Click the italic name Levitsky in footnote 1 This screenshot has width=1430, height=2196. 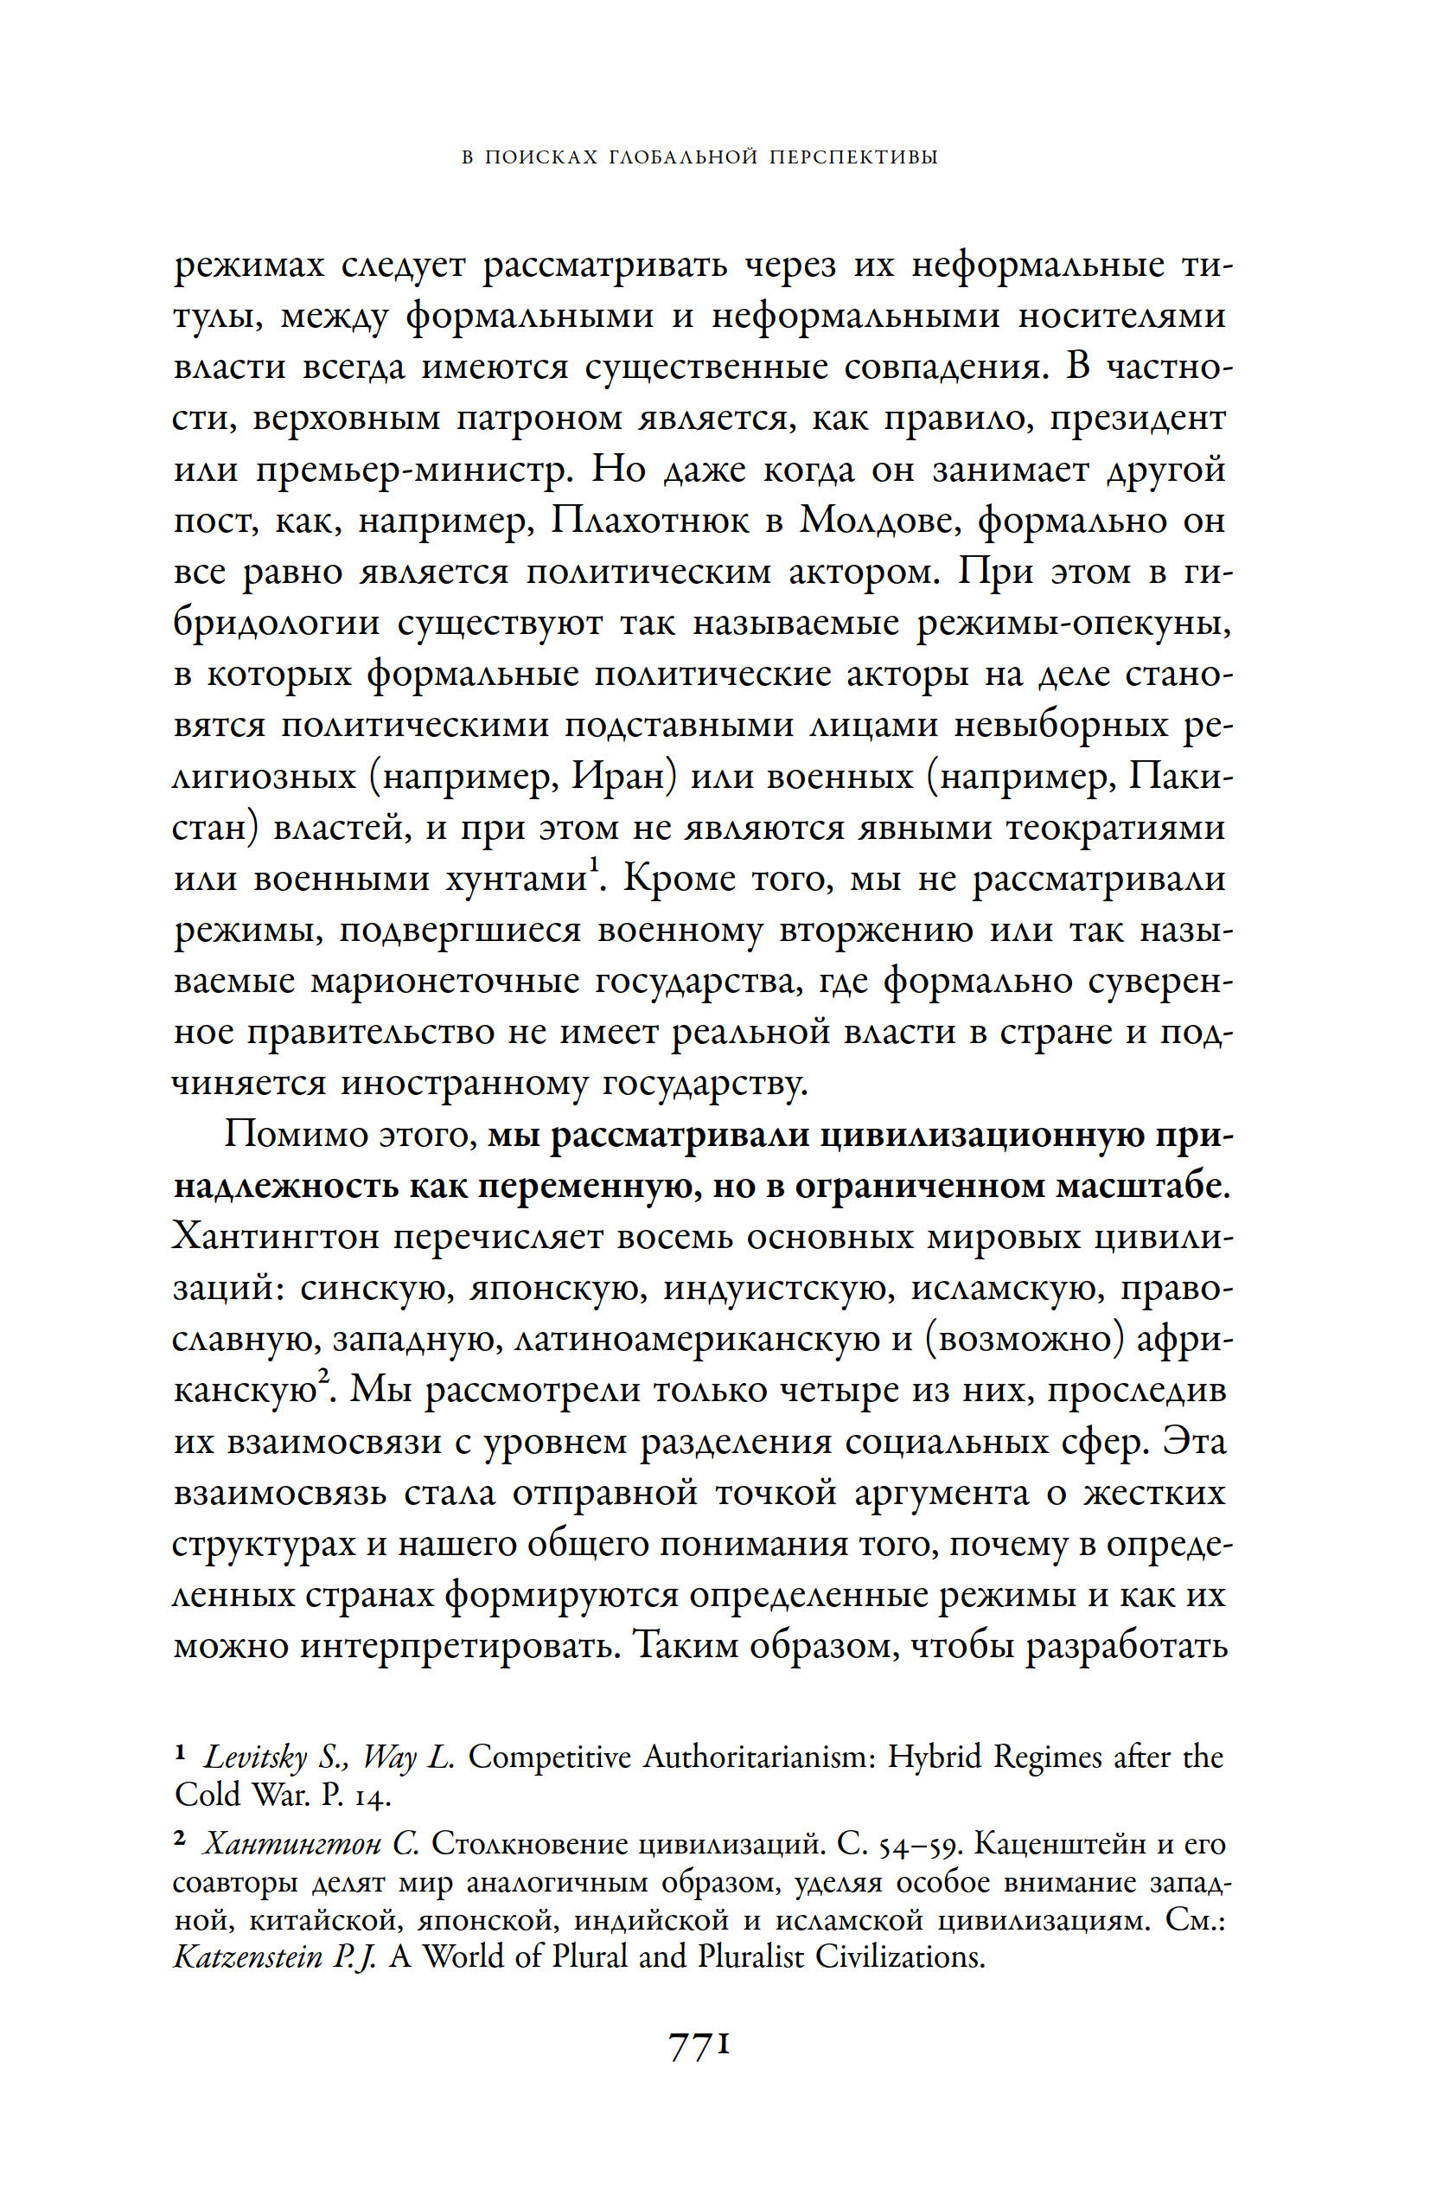256,1757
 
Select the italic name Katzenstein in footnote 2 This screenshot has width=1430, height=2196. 248,1956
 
